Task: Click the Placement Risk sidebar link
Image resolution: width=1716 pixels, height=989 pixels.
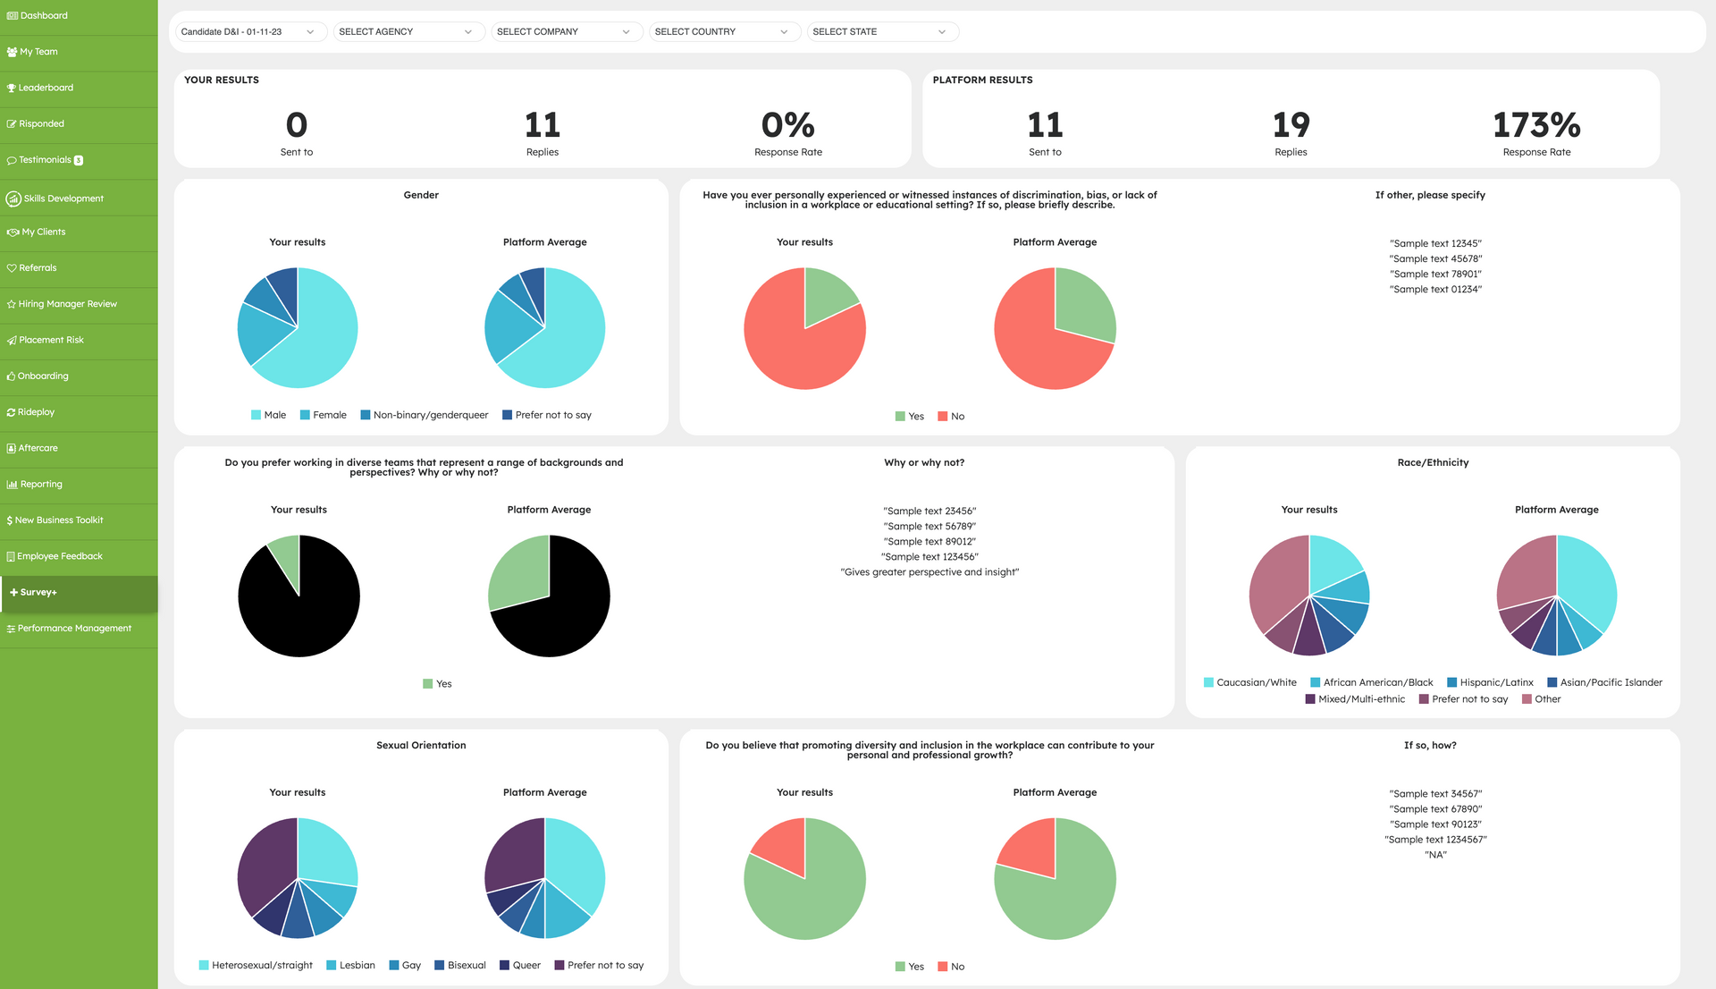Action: click(x=45, y=340)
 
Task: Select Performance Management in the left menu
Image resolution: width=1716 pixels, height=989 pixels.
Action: click(x=69, y=629)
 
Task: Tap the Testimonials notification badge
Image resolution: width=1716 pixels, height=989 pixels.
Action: click(x=79, y=161)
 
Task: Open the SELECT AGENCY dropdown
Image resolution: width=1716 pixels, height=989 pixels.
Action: click(x=408, y=32)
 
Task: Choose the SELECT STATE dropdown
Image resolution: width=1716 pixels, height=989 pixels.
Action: click(x=882, y=32)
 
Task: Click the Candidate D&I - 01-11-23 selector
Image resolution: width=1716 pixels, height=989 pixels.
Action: click(x=250, y=32)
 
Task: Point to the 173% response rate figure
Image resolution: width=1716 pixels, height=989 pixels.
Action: click(x=1536, y=125)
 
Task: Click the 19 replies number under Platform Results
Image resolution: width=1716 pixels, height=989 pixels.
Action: click(x=1291, y=125)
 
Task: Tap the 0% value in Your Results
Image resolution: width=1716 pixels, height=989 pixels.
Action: click(x=787, y=125)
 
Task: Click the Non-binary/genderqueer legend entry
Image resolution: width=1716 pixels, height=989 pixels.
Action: click(x=425, y=415)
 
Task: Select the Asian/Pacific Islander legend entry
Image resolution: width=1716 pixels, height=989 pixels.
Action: click(x=1604, y=682)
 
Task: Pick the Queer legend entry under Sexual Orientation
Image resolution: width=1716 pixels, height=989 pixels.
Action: click(x=520, y=966)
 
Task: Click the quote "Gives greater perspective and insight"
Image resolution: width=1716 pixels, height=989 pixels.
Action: click(x=929, y=572)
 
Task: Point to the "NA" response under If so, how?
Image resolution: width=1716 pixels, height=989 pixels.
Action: click(x=1435, y=855)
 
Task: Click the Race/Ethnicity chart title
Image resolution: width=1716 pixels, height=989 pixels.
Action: click(x=1433, y=463)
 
